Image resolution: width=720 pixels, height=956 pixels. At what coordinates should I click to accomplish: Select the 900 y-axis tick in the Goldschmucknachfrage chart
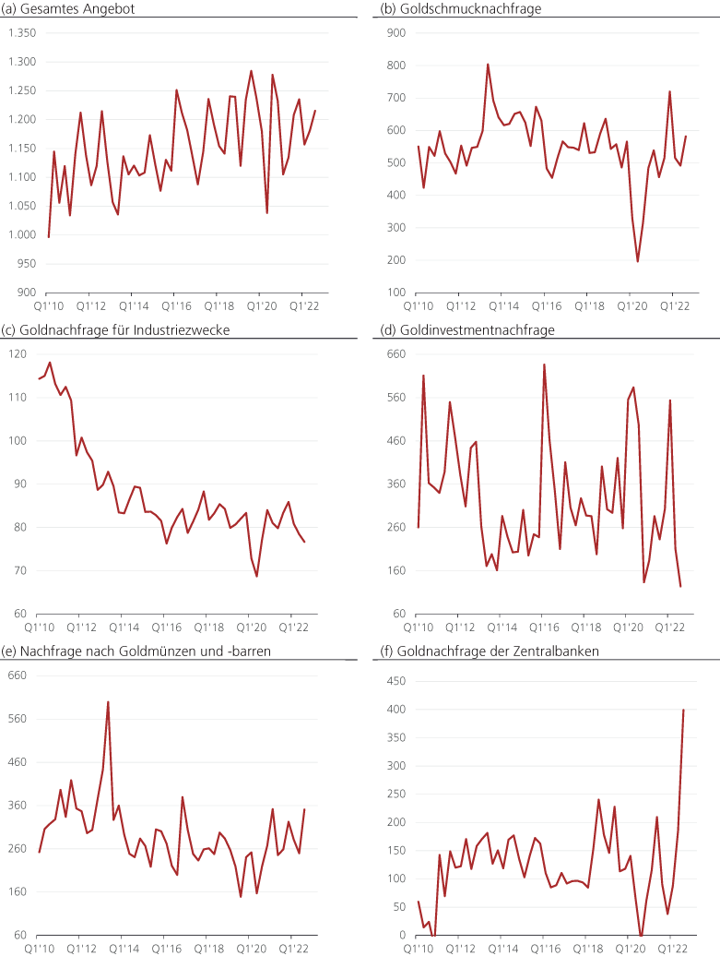[397, 33]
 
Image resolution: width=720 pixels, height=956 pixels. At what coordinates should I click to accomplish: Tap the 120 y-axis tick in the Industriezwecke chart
[18, 354]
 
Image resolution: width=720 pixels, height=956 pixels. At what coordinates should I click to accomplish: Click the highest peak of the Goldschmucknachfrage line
[488, 64]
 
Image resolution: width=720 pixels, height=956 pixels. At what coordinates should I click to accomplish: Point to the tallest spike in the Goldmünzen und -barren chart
[108, 701]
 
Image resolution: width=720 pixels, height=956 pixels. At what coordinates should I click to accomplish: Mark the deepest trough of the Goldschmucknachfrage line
[638, 261]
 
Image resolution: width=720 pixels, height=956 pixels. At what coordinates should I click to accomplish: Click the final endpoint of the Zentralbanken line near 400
[683, 710]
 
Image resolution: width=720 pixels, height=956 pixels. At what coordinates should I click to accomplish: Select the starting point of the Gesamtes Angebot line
[48, 237]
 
